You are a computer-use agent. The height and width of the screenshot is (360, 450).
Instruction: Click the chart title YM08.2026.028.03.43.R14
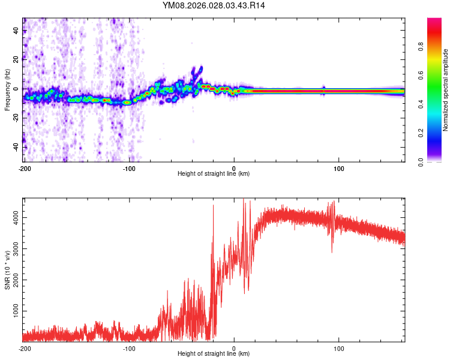pyautogui.click(x=214, y=5)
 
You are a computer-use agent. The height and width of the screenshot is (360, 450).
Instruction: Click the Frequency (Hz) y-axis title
pyautogui.click(x=7, y=89)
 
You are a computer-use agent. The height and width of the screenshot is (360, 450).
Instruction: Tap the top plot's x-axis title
pyautogui.click(x=214, y=173)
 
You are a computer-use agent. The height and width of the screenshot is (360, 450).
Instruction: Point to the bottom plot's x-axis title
pyautogui.click(x=214, y=353)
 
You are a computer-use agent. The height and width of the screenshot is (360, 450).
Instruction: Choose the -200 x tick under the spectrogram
pyautogui.click(x=25, y=167)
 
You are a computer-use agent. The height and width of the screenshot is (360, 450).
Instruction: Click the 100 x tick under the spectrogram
pyautogui.click(x=338, y=167)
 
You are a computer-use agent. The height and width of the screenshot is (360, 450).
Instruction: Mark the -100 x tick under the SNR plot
pyautogui.click(x=130, y=348)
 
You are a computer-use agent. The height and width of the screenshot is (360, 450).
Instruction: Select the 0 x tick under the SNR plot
pyautogui.click(x=234, y=348)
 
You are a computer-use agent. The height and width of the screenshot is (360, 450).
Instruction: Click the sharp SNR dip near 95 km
pyautogui.click(x=332, y=251)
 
